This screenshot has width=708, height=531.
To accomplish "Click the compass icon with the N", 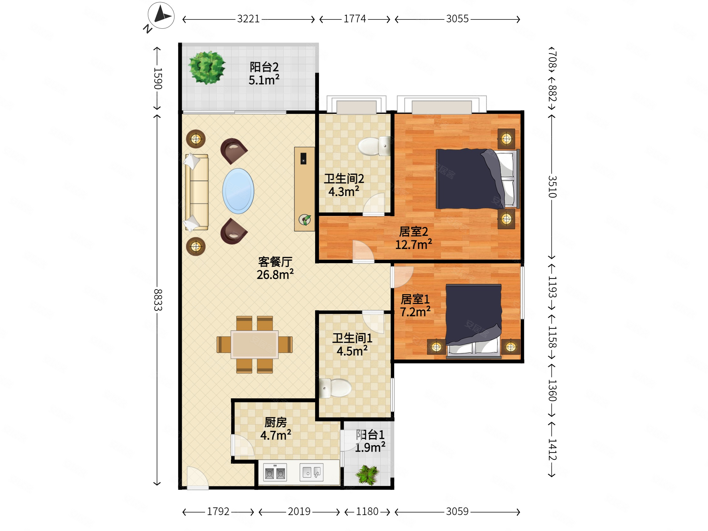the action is coord(161,15).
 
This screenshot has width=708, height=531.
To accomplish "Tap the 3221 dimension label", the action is coord(248,19).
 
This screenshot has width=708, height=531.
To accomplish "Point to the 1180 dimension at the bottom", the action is coord(367,512).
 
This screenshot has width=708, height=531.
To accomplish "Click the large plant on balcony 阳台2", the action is coord(207,68).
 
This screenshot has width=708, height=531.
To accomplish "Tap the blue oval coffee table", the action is coord(238,191).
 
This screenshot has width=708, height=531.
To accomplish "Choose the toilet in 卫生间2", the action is coord(374,146).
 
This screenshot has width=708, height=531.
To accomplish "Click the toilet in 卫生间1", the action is coord(335,388).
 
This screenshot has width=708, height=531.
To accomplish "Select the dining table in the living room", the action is coord(254,345).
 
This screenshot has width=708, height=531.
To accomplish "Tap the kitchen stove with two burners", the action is coord(275,472).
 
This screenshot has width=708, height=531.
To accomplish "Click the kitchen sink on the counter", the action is coord(312,472).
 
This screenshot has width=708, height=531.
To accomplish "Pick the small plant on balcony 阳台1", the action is coord(367,475).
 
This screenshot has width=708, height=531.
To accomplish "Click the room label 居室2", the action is coord(413,232).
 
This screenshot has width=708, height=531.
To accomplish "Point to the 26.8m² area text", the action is coord(275,275).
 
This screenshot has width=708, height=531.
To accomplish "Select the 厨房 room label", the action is coord(276,422).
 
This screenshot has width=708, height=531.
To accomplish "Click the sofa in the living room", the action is coord(196,192).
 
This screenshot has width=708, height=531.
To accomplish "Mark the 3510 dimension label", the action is coord(552,187).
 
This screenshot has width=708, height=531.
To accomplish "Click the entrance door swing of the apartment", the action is coord(197,478).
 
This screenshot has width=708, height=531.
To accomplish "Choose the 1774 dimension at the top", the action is coord(355,19).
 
